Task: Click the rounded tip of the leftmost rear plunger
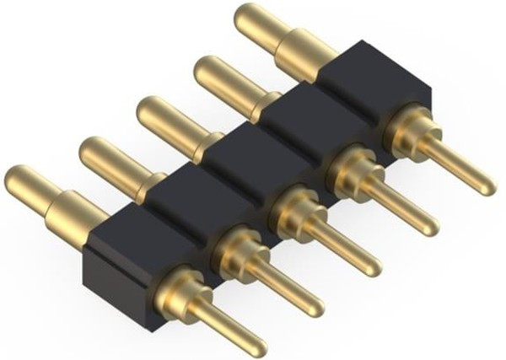pos(19,179)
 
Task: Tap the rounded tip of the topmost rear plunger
pos(249,17)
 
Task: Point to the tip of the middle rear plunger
pos(149,110)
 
